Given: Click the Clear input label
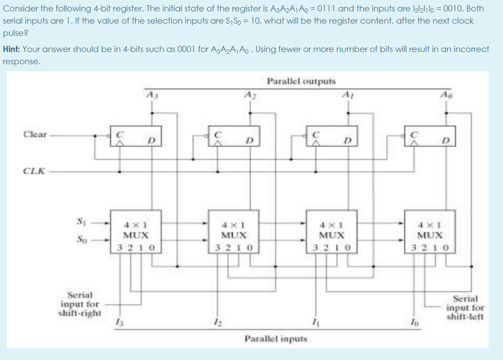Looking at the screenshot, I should (x=35, y=135).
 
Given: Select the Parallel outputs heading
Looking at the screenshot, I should (x=301, y=81).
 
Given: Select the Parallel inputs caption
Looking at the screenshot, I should (x=276, y=338).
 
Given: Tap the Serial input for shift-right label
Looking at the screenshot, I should (x=80, y=304).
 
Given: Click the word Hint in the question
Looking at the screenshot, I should (x=11, y=49).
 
